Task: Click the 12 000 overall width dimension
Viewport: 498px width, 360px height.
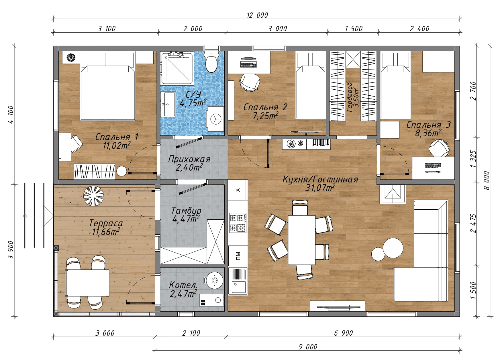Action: (x=257, y=15)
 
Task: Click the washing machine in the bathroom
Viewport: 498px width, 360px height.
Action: (x=215, y=119)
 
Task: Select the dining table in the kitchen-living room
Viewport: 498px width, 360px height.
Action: (x=302, y=240)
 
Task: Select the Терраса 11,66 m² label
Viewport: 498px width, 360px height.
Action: (x=106, y=227)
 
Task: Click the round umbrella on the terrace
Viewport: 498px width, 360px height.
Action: (x=93, y=196)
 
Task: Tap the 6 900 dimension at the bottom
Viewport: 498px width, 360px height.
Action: (x=343, y=333)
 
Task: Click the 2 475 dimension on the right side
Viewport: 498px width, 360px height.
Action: (x=473, y=223)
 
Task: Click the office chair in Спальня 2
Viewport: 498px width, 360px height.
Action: (x=250, y=82)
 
